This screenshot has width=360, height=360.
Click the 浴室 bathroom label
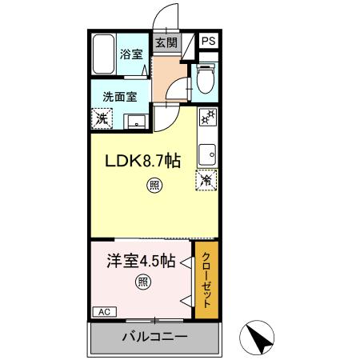131,54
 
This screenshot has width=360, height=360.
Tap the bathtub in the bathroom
103,54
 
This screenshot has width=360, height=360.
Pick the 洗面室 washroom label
119,96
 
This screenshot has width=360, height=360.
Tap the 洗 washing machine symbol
102,118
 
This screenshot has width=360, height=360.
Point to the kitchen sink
207,151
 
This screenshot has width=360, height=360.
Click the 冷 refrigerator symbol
206,181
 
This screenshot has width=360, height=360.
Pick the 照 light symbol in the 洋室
142,282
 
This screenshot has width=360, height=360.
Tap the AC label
103,311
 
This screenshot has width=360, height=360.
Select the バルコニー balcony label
154,337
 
